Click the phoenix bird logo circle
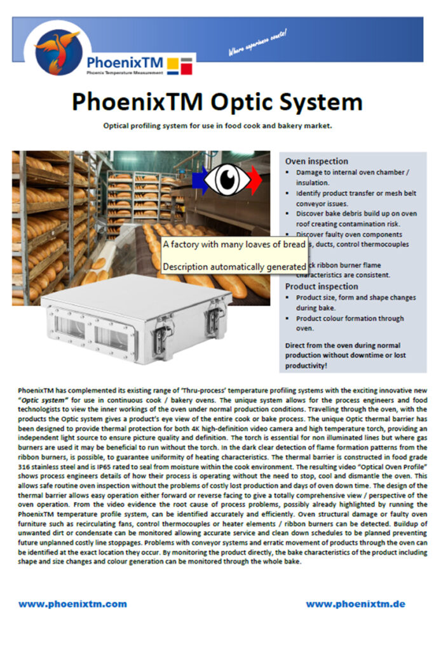[58, 51]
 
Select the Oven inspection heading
[316, 161]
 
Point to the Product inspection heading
[322, 286]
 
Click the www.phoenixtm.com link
[72, 604]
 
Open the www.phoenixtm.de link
[355, 604]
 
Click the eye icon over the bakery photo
[228, 179]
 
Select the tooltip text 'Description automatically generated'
[234, 267]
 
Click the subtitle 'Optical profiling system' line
[217, 126]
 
